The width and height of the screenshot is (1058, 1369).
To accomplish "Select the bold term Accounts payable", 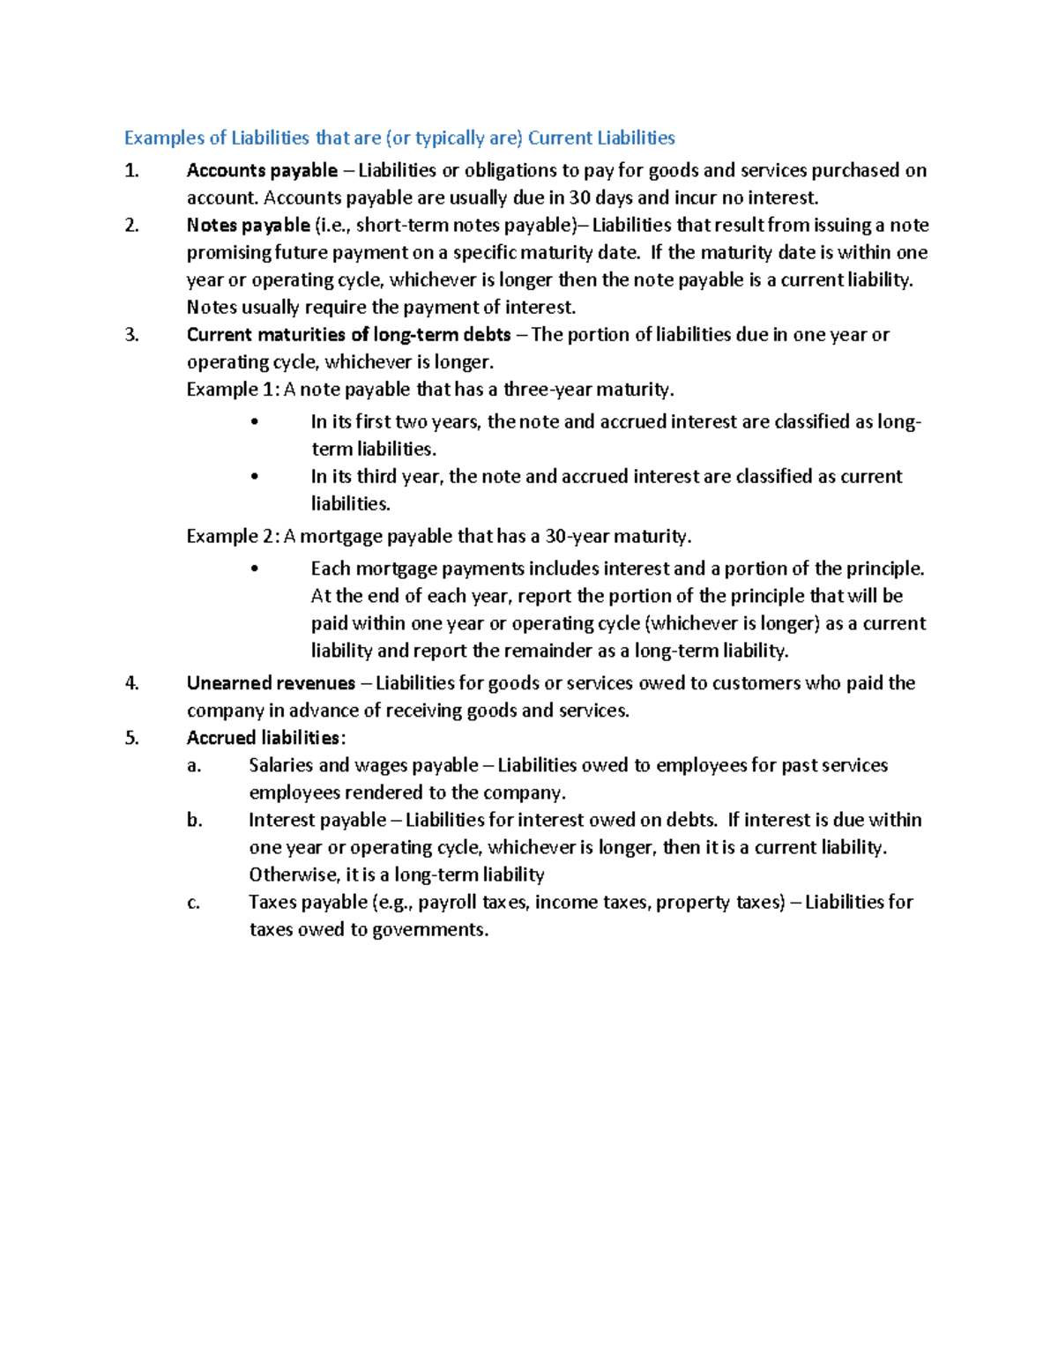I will pyautogui.click(x=262, y=170).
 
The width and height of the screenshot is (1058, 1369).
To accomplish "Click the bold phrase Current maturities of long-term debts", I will pyautogui.click(x=348, y=334).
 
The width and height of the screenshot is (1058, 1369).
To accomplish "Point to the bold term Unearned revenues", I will pyautogui.click(x=271, y=683).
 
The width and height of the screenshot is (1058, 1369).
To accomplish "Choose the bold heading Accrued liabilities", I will pyautogui.click(x=263, y=738).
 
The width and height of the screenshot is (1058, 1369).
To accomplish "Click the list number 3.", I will pyautogui.click(x=131, y=334).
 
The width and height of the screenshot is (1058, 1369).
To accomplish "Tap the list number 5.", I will pyautogui.click(x=131, y=738).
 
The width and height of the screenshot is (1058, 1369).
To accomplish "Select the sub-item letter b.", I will pyautogui.click(x=194, y=820).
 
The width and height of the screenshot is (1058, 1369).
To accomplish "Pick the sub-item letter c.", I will pyautogui.click(x=193, y=902).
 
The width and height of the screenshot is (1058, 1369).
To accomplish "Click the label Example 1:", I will pyautogui.click(x=233, y=389).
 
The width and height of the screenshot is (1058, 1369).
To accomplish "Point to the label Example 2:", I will pyautogui.click(x=233, y=536).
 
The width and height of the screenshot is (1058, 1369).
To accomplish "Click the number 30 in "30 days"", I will pyautogui.click(x=579, y=197).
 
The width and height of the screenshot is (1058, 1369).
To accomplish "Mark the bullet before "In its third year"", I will pyautogui.click(x=255, y=476).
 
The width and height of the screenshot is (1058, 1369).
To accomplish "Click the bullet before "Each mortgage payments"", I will pyautogui.click(x=255, y=569).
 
